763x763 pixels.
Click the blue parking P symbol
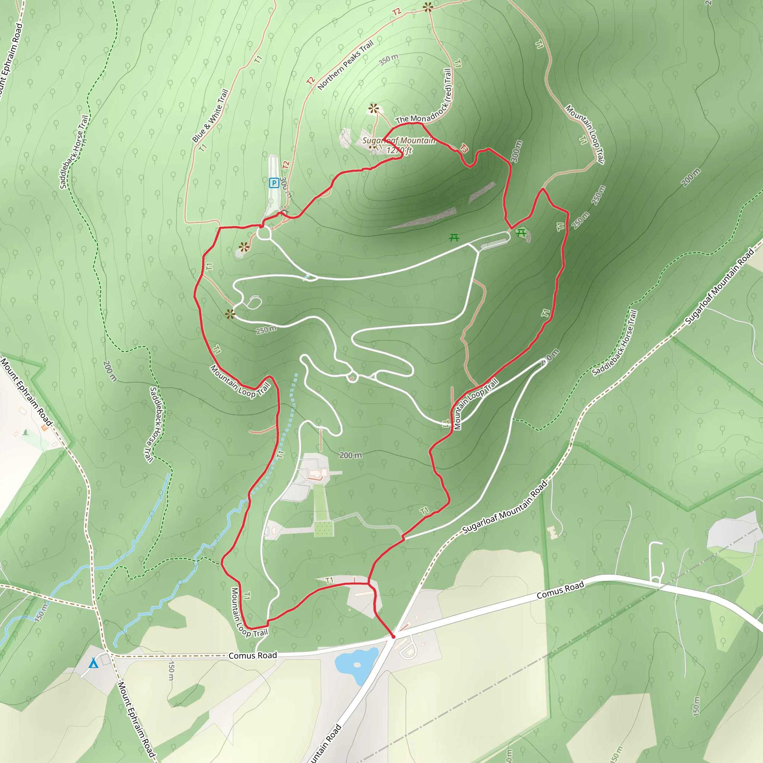(x=274, y=183)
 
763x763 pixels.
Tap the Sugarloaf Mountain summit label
(x=398, y=140)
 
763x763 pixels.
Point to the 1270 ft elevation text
(x=399, y=151)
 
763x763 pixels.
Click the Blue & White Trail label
(x=210, y=115)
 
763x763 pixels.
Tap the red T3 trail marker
(x=465, y=149)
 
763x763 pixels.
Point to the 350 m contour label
(x=389, y=60)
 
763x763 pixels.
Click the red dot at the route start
(x=393, y=637)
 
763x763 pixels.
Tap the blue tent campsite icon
(x=93, y=663)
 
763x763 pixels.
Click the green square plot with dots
(x=324, y=529)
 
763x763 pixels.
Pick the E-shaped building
(x=553, y=532)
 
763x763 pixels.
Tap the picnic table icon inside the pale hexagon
(x=521, y=233)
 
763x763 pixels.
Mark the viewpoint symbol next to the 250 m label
(x=230, y=314)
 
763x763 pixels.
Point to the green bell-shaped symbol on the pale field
(x=26, y=432)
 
